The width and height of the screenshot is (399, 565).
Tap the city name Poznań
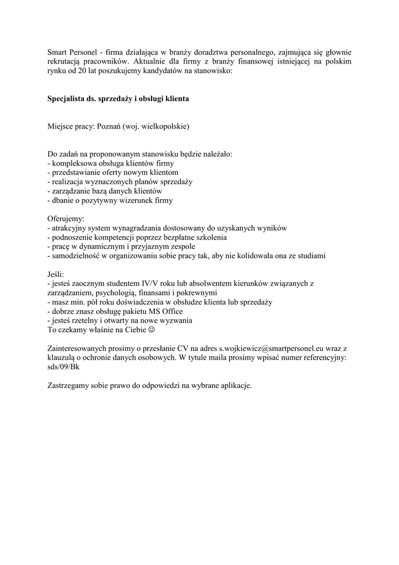(109, 126)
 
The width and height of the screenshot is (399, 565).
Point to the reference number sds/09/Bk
(63, 367)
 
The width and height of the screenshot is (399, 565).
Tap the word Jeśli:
(56, 274)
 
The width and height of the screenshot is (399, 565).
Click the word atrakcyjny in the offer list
(70, 228)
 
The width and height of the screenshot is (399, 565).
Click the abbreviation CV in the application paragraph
(182, 349)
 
